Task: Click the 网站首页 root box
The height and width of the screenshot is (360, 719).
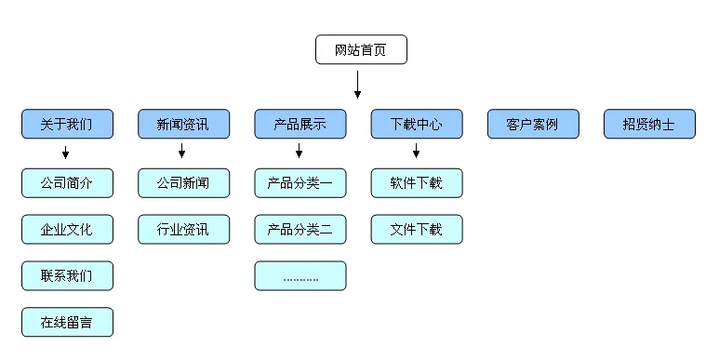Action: (361, 49)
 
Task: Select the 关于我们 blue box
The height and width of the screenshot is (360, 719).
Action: (67, 124)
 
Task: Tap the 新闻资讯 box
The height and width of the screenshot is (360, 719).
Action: (183, 124)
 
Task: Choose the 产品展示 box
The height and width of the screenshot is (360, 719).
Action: (300, 124)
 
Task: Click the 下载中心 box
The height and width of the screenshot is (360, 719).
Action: (416, 124)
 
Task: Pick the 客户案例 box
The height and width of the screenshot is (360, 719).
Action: (533, 124)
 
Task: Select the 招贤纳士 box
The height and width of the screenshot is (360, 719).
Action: (649, 124)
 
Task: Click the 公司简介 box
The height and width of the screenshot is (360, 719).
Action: (67, 182)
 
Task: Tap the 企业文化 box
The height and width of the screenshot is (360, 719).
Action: (67, 229)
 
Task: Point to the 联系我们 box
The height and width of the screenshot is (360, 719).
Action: (67, 275)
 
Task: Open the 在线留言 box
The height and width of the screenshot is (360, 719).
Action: (67, 322)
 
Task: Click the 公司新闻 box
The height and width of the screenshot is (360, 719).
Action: (183, 182)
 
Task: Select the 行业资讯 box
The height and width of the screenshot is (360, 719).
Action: (183, 229)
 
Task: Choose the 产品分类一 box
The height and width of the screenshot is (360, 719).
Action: (300, 182)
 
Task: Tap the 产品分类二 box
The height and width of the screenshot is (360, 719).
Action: (300, 229)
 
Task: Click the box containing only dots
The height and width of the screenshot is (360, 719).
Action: (300, 275)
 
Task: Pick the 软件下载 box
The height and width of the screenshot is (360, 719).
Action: (416, 182)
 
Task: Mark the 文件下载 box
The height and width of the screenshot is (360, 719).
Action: (416, 229)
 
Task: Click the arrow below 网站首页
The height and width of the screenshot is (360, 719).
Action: (357, 85)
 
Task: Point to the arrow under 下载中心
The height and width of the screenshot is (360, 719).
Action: (416, 152)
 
